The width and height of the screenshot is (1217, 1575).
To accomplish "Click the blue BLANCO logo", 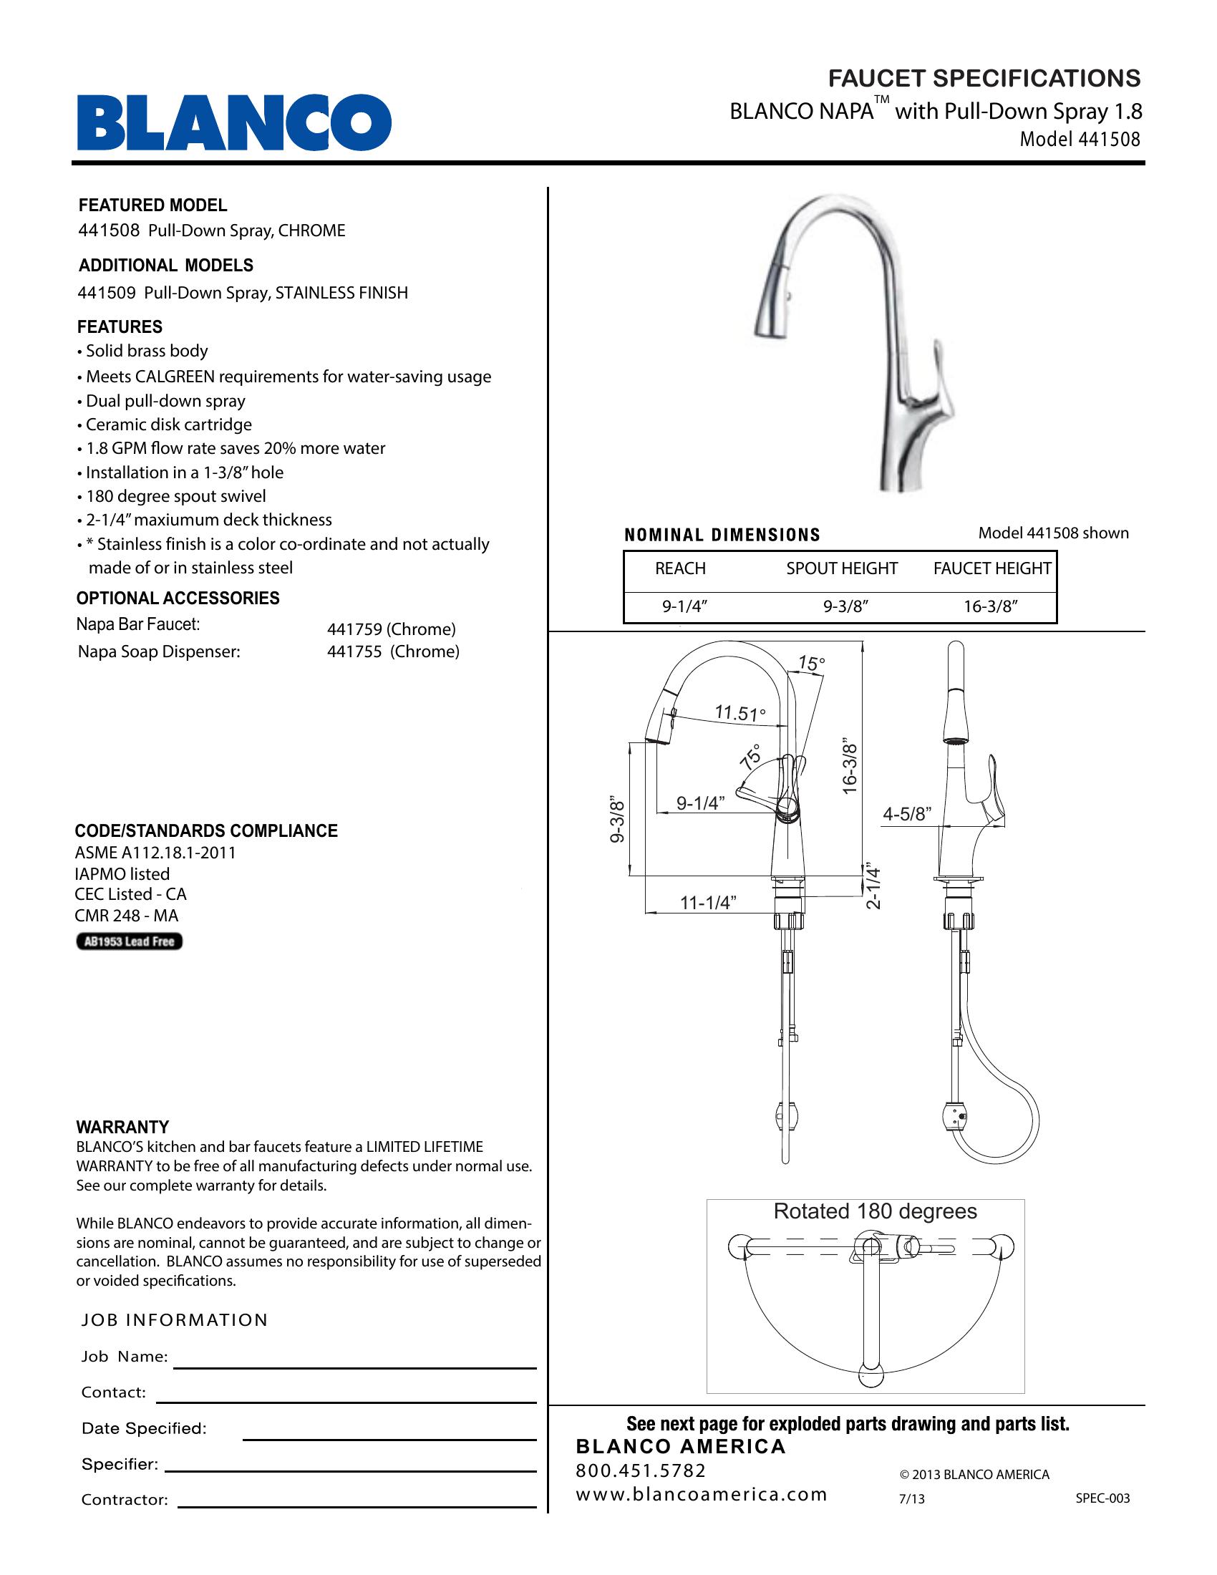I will point(234,122).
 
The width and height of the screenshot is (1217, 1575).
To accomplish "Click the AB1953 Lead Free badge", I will point(130,941).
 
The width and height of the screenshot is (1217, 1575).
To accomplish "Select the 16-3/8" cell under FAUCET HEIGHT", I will point(991,606).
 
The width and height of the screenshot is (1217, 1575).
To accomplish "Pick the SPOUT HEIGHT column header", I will point(841,568).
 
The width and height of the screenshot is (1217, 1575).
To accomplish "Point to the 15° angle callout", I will point(811,664).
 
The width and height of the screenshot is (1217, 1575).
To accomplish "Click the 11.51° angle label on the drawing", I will point(740,713).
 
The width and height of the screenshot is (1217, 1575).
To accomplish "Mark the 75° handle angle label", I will point(750,757).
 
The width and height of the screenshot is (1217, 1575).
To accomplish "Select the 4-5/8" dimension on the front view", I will point(907,814).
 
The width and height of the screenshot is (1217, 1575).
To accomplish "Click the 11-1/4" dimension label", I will point(707,902).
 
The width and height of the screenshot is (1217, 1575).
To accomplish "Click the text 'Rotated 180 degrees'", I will point(875,1211).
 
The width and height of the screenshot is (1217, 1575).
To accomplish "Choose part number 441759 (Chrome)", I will point(391,629).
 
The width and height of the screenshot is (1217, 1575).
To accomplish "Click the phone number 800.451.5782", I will point(640,1470).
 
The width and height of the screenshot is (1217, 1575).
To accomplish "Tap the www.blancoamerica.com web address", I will point(701,1493).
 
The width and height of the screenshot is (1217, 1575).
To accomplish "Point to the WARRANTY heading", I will point(122,1126).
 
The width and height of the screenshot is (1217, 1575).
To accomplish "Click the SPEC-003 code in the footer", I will point(1102,1498).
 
